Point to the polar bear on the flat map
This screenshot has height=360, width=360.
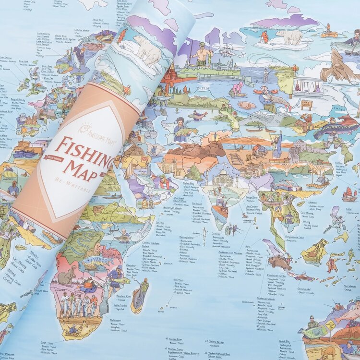pos(289,36)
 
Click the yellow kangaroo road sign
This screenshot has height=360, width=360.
pos(331,324)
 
